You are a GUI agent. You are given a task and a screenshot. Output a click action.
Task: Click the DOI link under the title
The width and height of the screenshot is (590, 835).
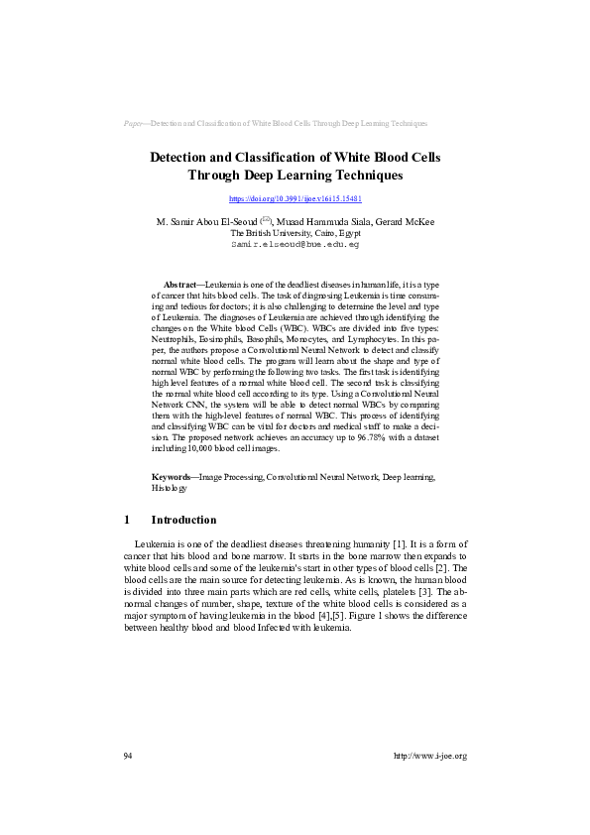coord(295,199)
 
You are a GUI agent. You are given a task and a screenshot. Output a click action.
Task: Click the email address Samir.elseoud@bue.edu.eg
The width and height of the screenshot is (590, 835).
coord(295,243)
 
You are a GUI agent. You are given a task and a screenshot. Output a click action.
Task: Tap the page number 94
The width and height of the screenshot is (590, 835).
coord(128,756)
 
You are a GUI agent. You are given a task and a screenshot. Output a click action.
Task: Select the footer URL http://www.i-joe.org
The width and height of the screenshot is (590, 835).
coord(429,756)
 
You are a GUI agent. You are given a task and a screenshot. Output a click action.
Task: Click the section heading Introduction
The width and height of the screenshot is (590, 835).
coord(183,520)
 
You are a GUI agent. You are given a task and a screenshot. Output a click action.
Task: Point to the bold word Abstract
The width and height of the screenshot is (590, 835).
coord(180,284)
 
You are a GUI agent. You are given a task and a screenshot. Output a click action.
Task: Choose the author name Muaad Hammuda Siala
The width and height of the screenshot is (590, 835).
coord(317,221)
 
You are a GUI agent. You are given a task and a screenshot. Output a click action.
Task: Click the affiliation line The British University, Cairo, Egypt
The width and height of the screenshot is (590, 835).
coord(295,232)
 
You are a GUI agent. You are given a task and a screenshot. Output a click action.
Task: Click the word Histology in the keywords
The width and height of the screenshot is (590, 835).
coord(169,489)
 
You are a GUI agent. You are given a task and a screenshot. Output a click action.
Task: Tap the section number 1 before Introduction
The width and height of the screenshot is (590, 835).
coord(127,520)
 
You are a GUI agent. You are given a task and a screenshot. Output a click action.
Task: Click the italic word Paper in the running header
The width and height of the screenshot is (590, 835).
coord(135,124)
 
